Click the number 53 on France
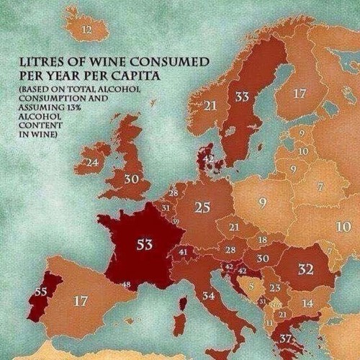pyautogui.click(x=144, y=244)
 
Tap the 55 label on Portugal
pyautogui.click(x=40, y=291)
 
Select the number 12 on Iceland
pyautogui.click(x=86, y=30)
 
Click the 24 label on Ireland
pyautogui.click(x=91, y=163)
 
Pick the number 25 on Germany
pyautogui.click(x=202, y=207)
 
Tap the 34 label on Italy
pyautogui.click(x=209, y=295)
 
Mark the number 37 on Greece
pyautogui.click(x=286, y=338)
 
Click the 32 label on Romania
pyautogui.click(x=305, y=269)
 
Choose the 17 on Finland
pyautogui.click(x=300, y=93)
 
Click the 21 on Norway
pyautogui.click(x=210, y=105)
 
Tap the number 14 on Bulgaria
pyautogui.click(x=307, y=303)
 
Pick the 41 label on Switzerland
pyautogui.click(x=183, y=252)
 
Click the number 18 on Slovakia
pyautogui.click(x=263, y=239)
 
